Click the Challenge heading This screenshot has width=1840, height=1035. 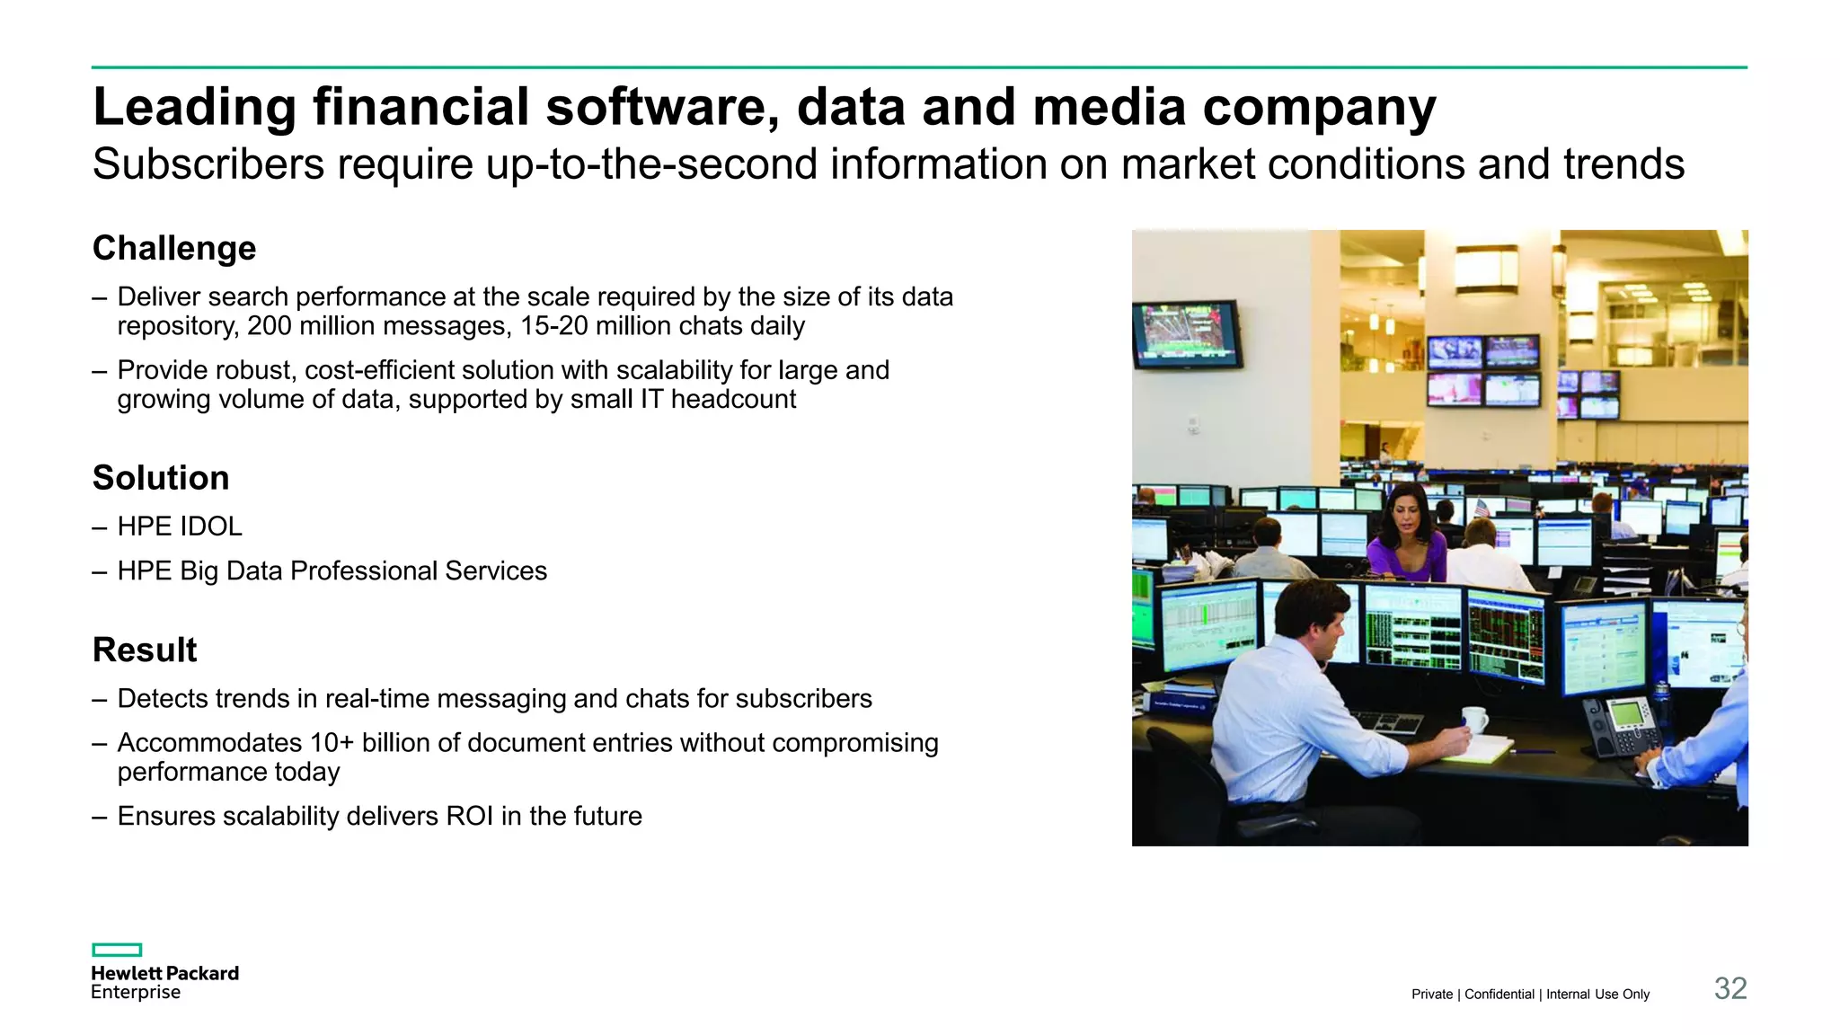(174, 248)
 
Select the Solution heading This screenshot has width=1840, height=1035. (161, 478)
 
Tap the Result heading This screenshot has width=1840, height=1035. (145, 650)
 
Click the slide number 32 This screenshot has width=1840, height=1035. (1729, 988)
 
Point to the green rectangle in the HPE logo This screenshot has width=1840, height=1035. (117, 950)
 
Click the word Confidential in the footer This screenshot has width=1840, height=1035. (1499, 994)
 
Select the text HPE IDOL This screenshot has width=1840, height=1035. (180, 526)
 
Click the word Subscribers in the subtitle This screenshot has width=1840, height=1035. (208, 164)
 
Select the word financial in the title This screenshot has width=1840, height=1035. (420, 107)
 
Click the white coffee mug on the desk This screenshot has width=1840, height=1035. (1473, 719)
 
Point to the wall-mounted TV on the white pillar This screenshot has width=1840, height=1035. (1186, 334)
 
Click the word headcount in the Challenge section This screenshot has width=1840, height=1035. (733, 400)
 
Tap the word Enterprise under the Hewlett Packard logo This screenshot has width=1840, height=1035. (136, 993)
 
